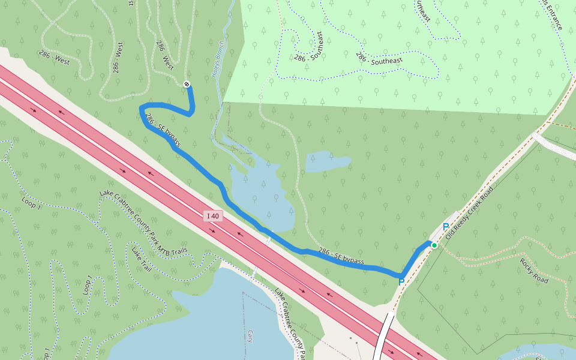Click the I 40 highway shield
pos(213,216)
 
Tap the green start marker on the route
pos(434,245)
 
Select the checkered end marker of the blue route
pos(187,84)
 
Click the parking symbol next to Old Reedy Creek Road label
pos(446,227)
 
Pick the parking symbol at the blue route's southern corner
pos(401,281)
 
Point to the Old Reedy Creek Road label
pos(469,214)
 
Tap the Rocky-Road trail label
pos(535,271)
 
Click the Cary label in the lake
pos(249,335)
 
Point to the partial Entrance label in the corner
pos(552,15)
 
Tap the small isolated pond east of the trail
pos(328,161)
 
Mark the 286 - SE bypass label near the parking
pos(341,256)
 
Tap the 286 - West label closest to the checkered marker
pos(165,55)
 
